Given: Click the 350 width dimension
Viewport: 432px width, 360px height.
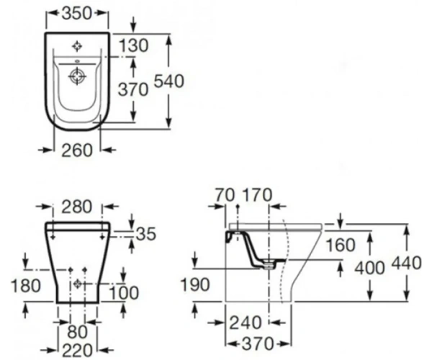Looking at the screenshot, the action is pos(76,13).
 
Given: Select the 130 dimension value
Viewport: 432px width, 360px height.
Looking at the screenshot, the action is pos(134,45).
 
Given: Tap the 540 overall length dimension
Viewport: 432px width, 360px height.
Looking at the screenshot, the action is pos(168,81).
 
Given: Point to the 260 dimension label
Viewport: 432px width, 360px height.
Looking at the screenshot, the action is pos(76,150).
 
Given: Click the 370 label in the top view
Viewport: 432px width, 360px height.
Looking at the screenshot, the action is pos(133,90).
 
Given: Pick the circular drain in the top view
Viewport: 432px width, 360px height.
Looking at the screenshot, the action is pos(77,75).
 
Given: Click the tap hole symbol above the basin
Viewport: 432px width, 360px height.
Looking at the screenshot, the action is pos(77,46).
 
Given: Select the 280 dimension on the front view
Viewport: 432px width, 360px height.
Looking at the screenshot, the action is pos(76,207).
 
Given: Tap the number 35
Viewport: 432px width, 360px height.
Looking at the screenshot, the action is pos(146,234).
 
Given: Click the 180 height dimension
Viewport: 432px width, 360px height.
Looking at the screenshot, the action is pos(26,285).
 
